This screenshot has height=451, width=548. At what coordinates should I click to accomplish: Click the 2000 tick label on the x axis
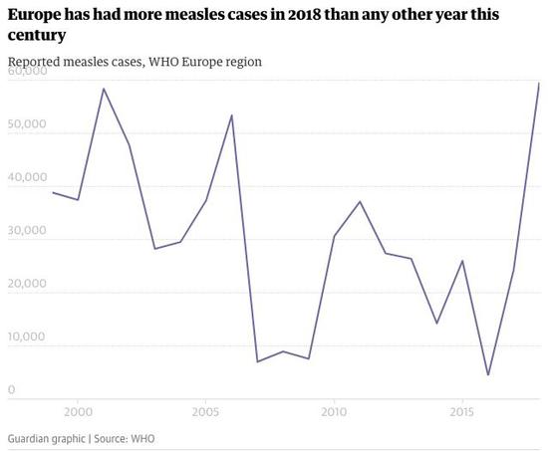click(78, 411)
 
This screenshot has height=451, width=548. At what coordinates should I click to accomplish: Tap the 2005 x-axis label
click(206, 411)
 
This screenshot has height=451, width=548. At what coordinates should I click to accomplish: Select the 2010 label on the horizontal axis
click(334, 411)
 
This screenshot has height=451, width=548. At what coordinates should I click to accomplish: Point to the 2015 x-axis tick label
click(462, 411)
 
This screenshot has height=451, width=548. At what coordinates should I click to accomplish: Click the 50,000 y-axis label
click(27, 124)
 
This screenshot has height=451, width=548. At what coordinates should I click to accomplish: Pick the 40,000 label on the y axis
click(27, 177)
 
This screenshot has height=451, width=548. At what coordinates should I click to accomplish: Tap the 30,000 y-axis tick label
click(27, 230)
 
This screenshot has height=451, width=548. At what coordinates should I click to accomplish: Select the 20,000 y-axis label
click(27, 284)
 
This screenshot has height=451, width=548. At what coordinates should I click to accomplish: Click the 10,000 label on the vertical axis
click(26, 337)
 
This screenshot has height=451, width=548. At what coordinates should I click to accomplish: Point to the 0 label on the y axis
click(12, 389)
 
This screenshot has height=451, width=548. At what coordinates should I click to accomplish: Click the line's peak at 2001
click(104, 89)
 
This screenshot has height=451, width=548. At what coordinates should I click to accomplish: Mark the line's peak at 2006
click(232, 114)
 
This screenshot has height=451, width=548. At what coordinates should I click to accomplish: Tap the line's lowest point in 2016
click(488, 375)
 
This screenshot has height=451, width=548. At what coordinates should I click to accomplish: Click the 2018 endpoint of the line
click(539, 84)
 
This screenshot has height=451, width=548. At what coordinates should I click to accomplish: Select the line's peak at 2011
click(360, 201)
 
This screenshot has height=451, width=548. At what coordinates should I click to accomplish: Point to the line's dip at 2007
click(257, 362)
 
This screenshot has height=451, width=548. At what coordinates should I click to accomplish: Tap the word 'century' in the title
click(37, 36)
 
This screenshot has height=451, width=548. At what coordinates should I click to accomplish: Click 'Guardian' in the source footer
click(47, 439)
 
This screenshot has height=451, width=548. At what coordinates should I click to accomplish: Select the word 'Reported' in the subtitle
click(34, 62)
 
